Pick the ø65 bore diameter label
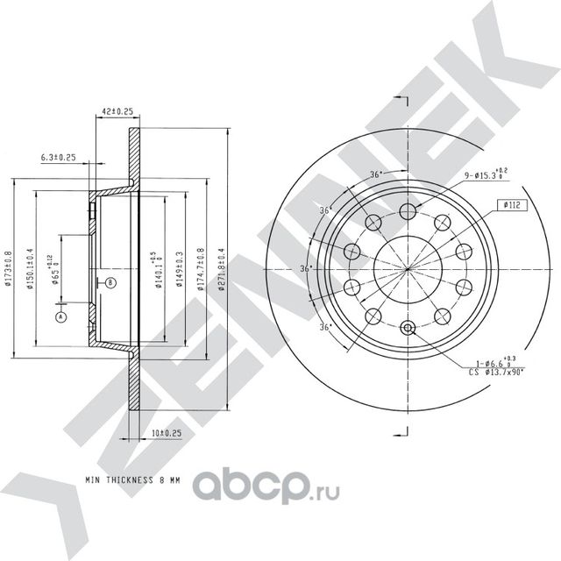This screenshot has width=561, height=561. [53, 268]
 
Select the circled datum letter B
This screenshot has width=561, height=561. [110, 282]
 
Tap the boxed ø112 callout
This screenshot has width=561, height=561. [513, 205]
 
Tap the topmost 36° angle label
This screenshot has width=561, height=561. [375, 174]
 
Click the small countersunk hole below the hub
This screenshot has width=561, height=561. [407, 328]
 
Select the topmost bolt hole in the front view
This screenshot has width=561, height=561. [407, 209]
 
